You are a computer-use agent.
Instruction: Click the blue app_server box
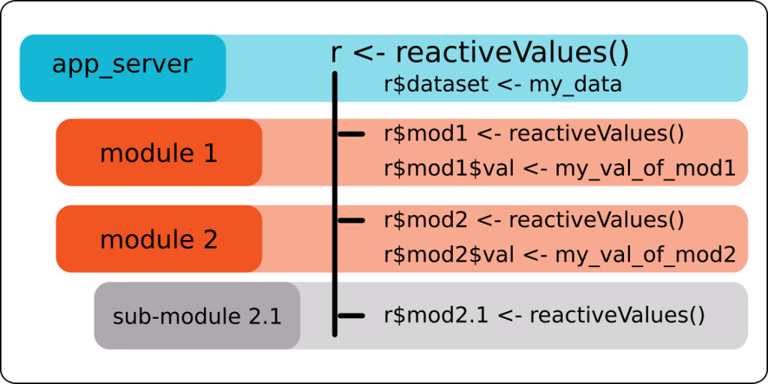[122, 68]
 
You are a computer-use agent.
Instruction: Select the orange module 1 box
[159, 152]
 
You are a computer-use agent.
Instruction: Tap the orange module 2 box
[159, 238]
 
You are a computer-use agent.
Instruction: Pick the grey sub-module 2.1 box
[197, 316]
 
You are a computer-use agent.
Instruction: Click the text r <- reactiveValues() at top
[479, 53]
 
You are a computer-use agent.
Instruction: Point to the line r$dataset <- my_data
[503, 85]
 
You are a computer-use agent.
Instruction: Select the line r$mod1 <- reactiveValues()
[534, 133]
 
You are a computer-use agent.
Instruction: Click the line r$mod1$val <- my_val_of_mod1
[559, 169]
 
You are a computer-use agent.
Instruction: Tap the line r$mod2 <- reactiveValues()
[534, 220]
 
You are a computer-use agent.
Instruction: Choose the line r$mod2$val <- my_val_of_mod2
[559, 255]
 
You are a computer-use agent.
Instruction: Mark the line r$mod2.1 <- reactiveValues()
[544, 316]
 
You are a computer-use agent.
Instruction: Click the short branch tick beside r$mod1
[351, 133]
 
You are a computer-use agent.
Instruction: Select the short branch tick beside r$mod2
[351, 220]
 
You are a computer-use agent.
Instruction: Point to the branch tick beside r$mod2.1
[351, 316]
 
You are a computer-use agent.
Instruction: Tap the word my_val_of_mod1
[645, 170]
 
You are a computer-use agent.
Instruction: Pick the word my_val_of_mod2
[645, 256]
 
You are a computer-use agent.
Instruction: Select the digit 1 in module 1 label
[210, 153]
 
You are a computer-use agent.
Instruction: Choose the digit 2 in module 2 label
[210, 239]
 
